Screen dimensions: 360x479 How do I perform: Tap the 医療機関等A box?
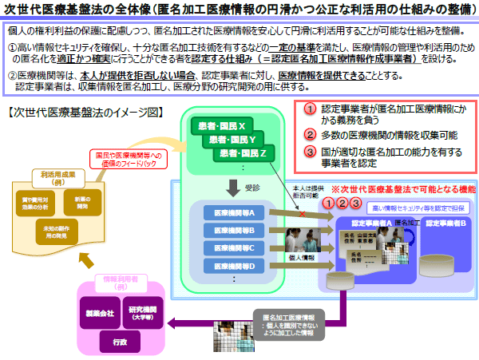pos(229,213)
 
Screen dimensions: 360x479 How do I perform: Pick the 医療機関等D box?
pos(229,266)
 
